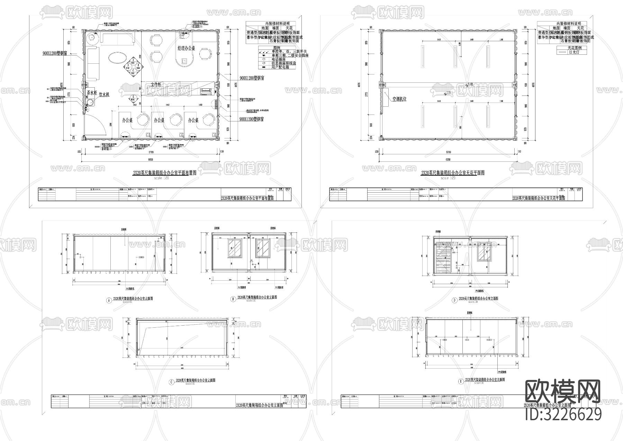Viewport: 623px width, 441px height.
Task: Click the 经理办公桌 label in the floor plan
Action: click(x=186, y=48)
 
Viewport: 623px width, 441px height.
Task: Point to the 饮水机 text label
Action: click(x=104, y=95)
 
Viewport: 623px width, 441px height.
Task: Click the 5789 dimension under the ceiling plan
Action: click(x=448, y=152)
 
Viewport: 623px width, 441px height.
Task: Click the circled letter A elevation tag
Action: click(x=109, y=301)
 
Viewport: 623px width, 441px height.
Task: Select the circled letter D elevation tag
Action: click(x=454, y=300)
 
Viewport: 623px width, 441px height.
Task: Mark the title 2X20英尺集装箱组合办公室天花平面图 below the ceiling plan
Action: click(x=452, y=173)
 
